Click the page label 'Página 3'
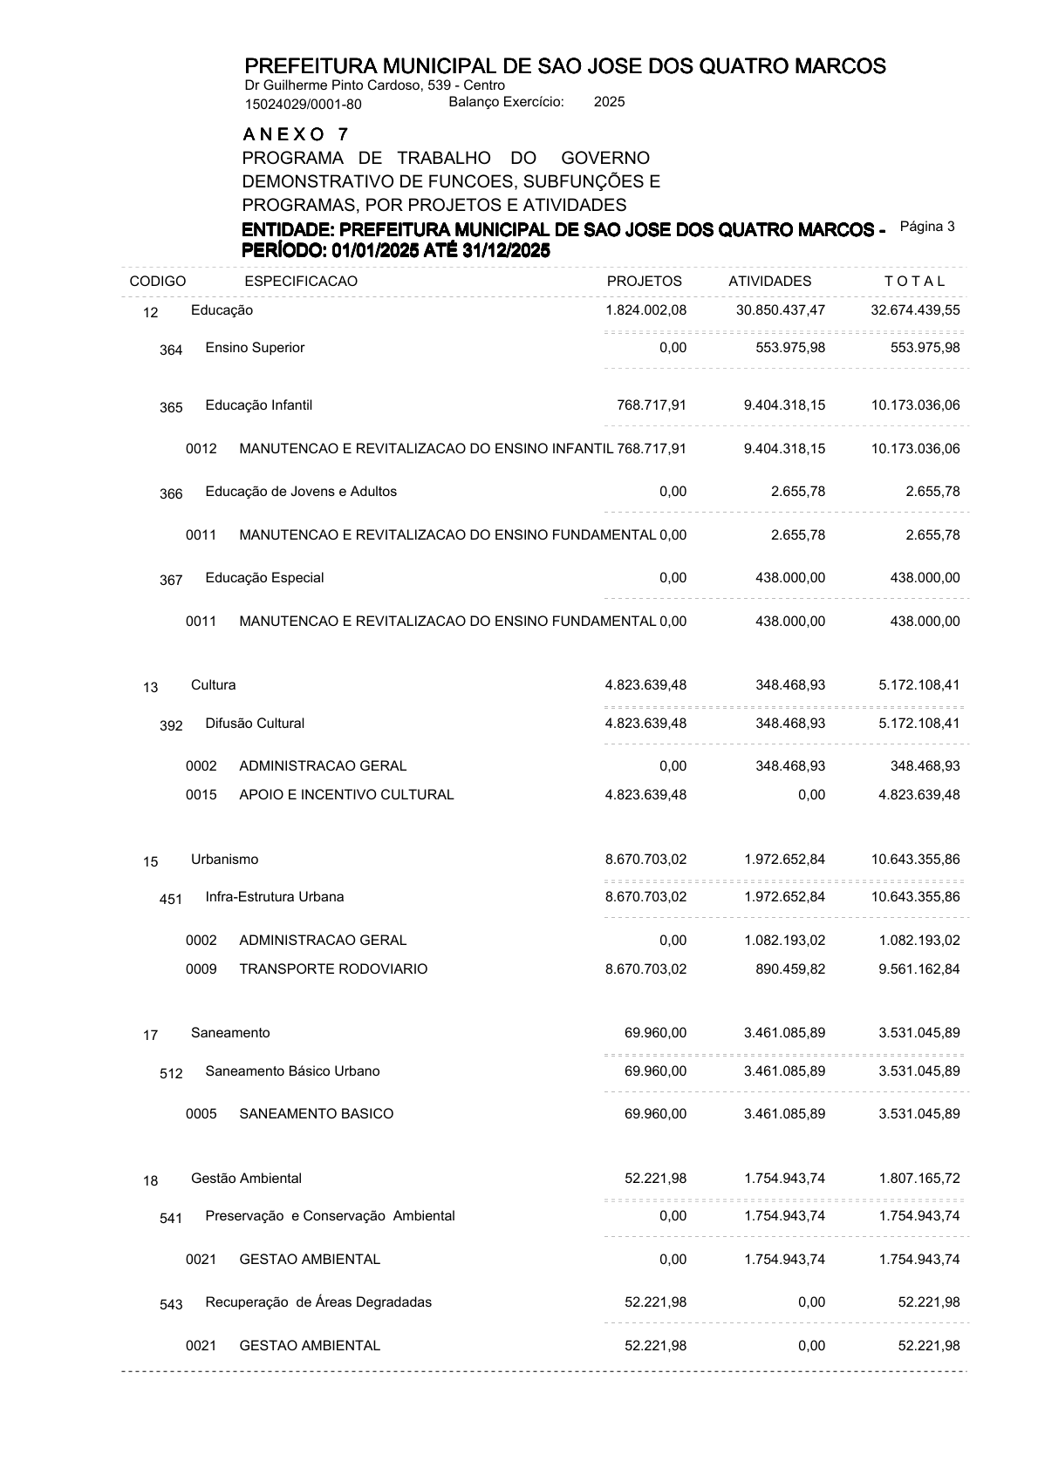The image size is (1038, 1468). (x=927, y=227)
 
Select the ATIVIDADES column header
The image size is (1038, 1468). (x=769, y=282)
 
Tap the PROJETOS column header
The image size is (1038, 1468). (x=644, y=282)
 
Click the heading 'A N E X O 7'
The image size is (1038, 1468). (x=296, y=134)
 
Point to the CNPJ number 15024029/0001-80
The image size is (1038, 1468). (x=303, y=105)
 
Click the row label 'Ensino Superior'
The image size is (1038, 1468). (x=255, y=348)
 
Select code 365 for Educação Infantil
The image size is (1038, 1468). (x=171, y=408)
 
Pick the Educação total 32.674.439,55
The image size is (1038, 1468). (x=915, y=310)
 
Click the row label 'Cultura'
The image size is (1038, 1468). (x=213, y=685)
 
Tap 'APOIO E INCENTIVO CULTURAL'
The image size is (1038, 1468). (x=346, y=795)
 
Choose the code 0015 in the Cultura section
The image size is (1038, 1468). (x=201, y=795)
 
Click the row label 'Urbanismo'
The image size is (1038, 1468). (x=224, y=860)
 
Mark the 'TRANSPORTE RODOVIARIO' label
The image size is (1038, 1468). (x=333, y=969)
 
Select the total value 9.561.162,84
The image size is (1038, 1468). (x=919, y=969)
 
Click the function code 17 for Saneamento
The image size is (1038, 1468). (x=151, y=1036)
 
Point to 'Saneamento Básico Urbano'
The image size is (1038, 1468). (x=292, y=1071)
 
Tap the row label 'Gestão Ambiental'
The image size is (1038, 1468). (x=246, y=1179)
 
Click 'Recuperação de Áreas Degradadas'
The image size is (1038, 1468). (x=318, y=1302)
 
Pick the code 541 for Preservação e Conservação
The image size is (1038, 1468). (x=171, y=1219)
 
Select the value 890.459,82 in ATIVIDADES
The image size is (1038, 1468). (x=790, y=969)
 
